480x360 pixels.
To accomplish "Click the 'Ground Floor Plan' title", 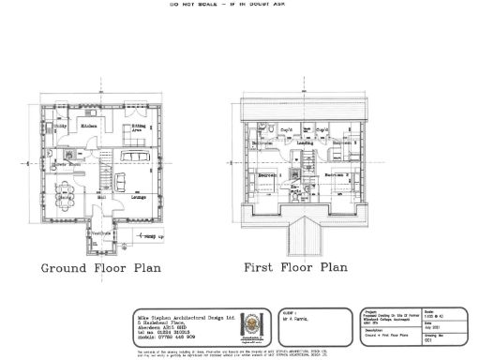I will (100, 268).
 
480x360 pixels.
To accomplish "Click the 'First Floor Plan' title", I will (295, 268).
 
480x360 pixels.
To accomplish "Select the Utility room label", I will (59, 125).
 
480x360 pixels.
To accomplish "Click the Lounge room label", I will (137, 198).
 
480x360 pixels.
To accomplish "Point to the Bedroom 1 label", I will (267, 175).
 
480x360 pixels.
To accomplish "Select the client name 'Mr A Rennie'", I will (298, 321).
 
